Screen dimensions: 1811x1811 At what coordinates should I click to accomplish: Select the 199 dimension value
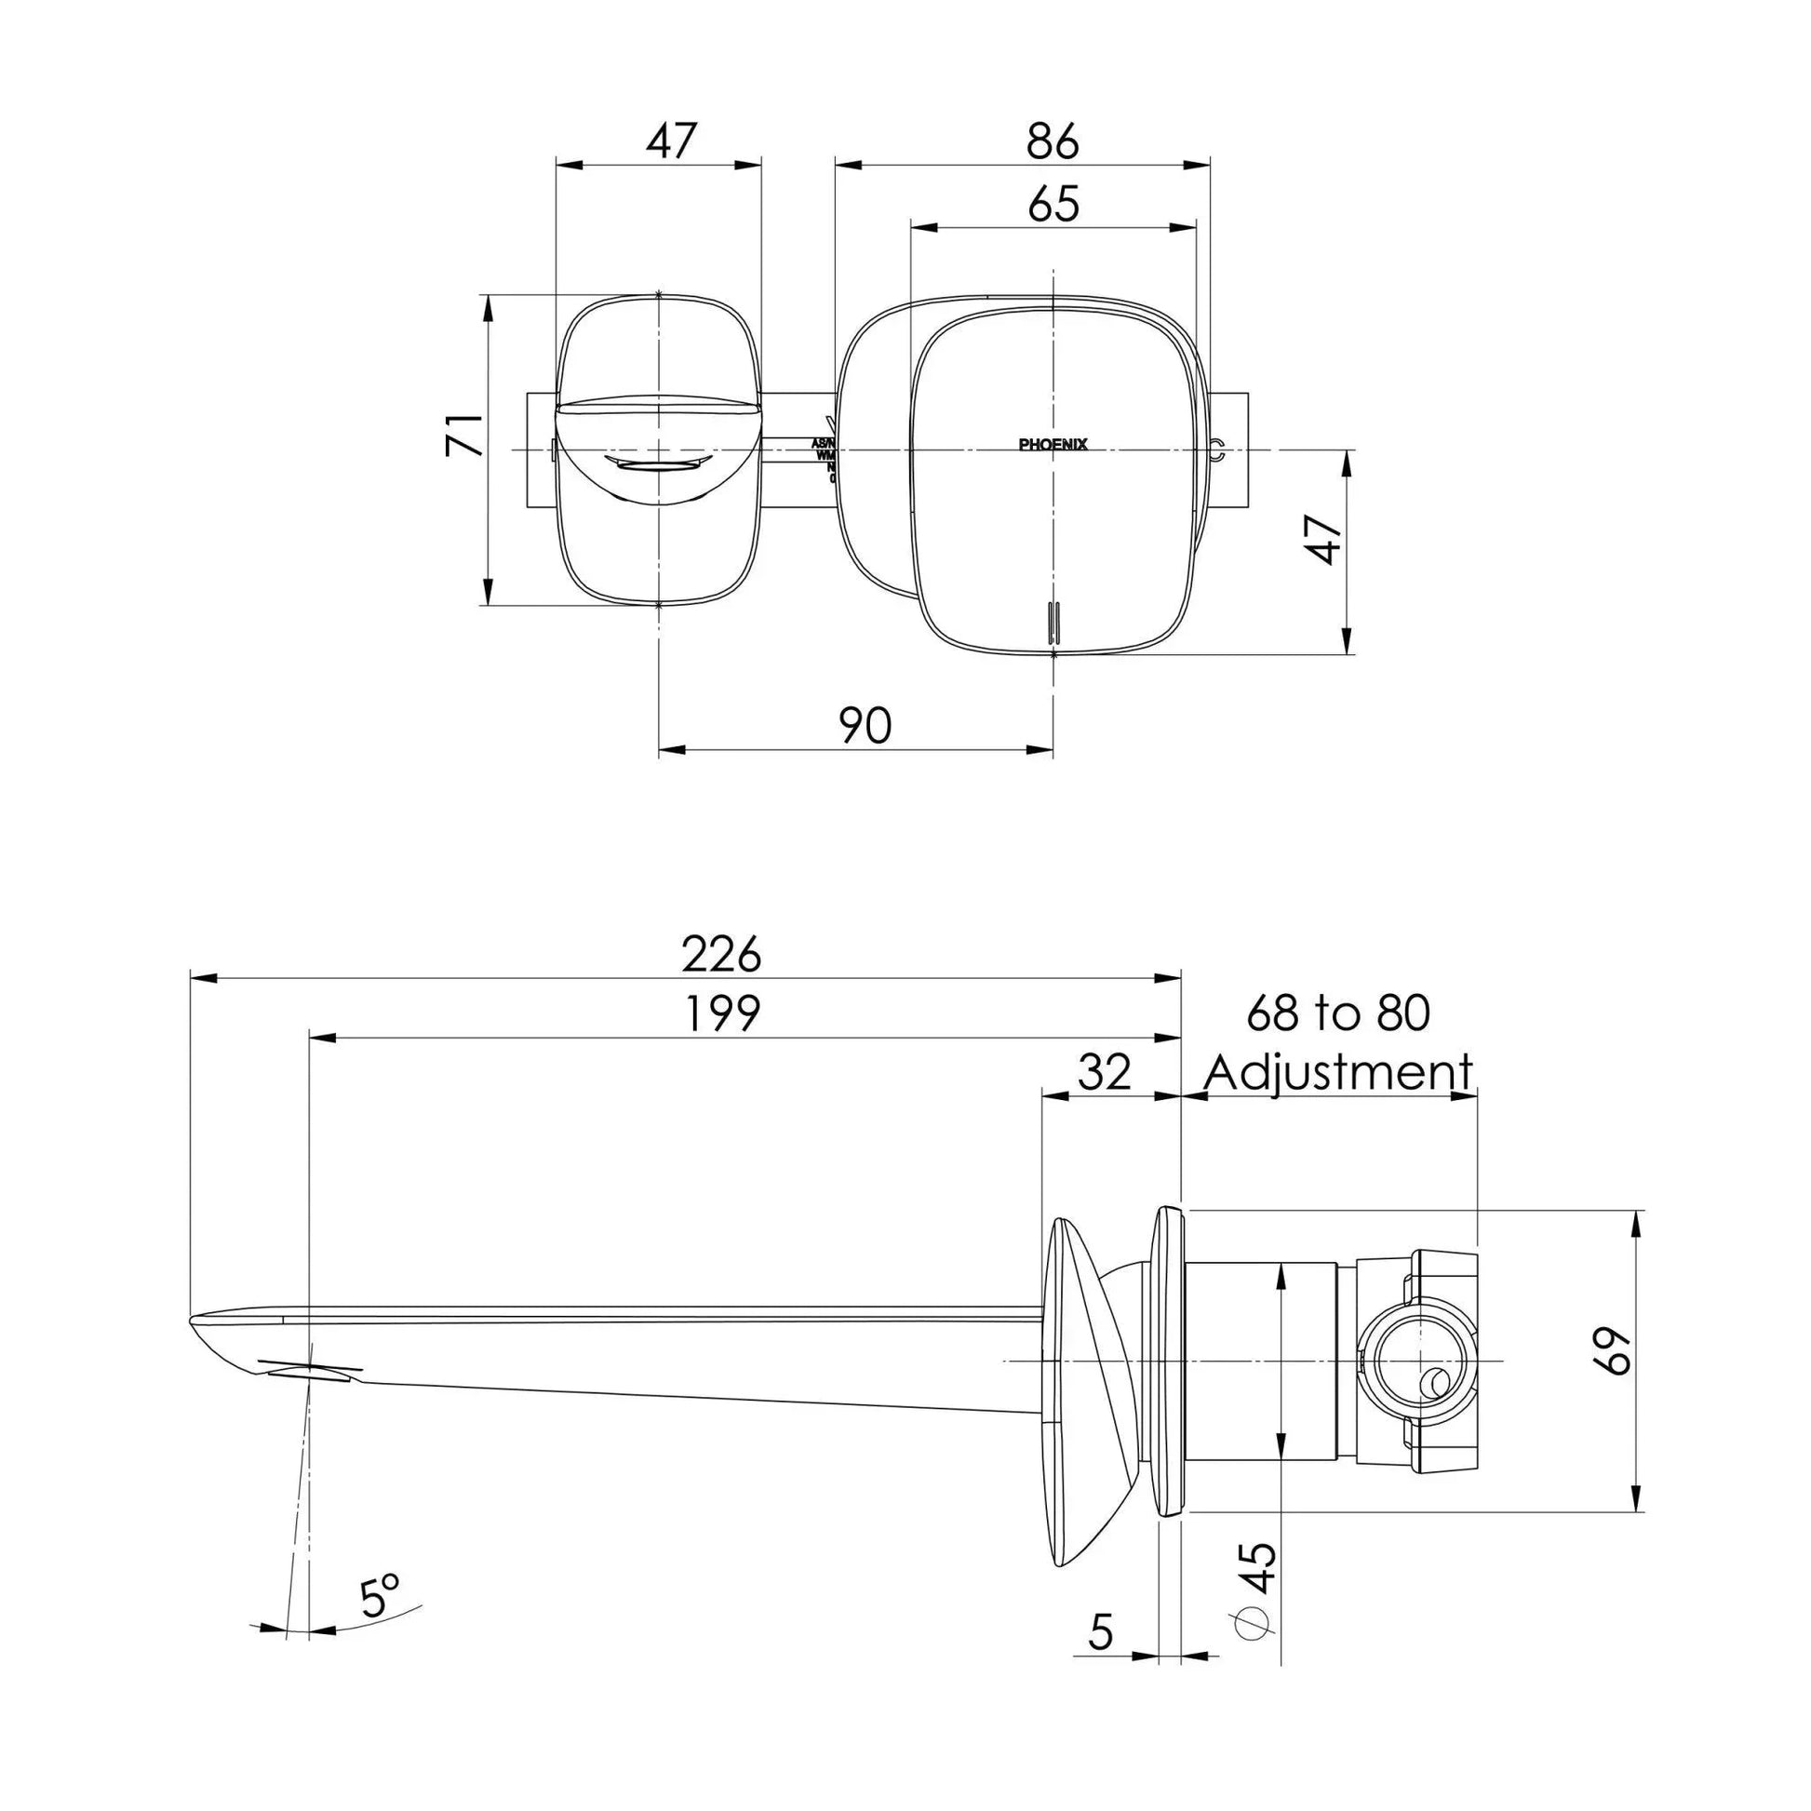coord(721,1014)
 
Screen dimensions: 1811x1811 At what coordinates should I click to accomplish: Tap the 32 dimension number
coord(1105,1072)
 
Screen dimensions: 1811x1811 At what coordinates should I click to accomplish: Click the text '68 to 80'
coord(1337,1014)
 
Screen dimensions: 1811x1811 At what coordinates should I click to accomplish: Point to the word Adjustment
coord(1337,1072)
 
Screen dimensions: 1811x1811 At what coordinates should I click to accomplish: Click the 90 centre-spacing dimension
coord(865,727)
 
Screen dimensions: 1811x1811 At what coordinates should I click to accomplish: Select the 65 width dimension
coord(1053,205)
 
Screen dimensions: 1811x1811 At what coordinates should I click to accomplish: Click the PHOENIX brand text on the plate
coord(1053,445)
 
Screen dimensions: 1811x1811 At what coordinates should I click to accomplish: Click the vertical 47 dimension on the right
coord(1326,539)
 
